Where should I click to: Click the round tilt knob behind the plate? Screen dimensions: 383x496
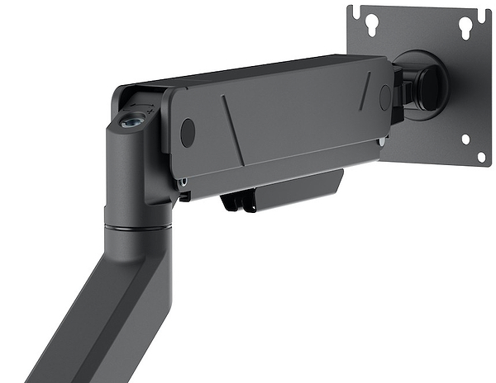coord(430,83)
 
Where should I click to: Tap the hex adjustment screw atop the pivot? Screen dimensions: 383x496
coord(130,121)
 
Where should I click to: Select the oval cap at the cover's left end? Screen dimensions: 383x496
coord(188,132)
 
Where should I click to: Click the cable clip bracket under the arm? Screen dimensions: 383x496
coord(281,192)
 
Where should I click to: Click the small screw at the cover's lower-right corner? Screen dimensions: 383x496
coord(382,141)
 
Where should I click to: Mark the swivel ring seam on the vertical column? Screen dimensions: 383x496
coord(136,225)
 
